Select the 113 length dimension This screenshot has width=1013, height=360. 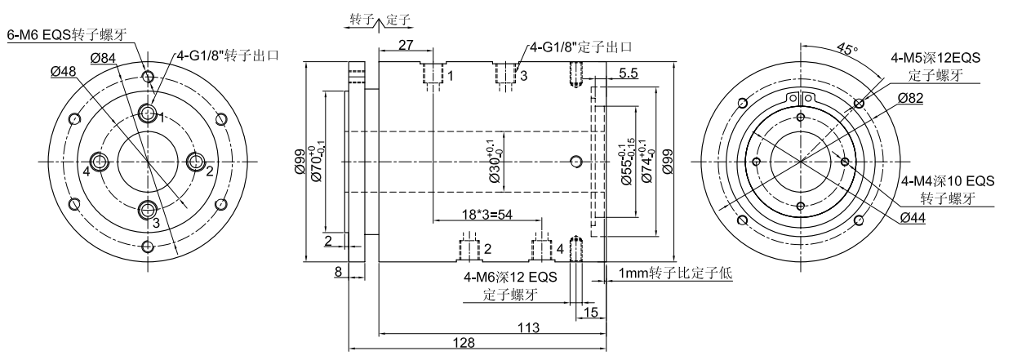[x=528, y=328]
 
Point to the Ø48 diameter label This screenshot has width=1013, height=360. [x=63, y=71]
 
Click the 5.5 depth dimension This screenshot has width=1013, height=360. [x=629, y=73]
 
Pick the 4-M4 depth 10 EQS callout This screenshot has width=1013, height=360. [x=947, y=181]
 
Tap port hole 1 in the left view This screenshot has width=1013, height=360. [x=149, y=113]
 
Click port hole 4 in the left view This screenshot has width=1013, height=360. [x=100, y=162]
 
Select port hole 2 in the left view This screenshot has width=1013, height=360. [x=196, y=162]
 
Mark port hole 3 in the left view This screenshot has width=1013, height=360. [x=148, y=210]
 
